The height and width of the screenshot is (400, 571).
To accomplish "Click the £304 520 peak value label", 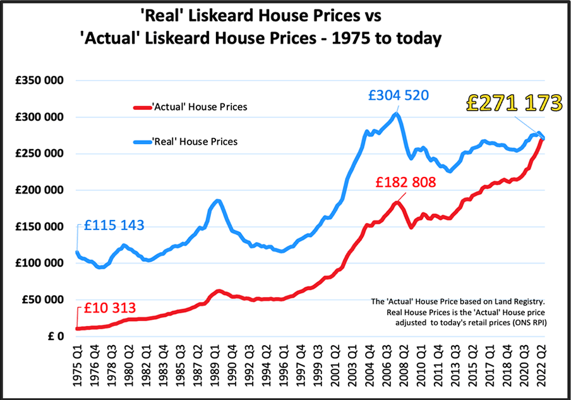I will (x=399, y=96).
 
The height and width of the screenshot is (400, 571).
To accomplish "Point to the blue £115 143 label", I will (x=114, y=225).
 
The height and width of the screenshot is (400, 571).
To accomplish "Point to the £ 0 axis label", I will (x=54, y=336).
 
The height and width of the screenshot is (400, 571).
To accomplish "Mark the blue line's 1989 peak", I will (x=217, y=201).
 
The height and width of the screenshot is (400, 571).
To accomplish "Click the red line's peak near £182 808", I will (x=396, y=202).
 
